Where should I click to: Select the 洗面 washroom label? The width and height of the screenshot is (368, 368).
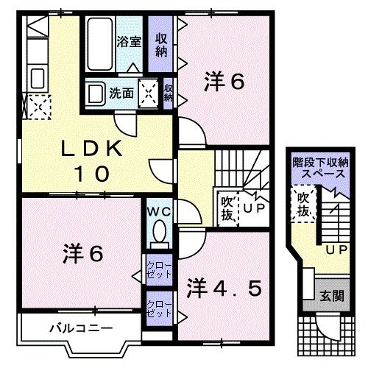click(x=121, y=93)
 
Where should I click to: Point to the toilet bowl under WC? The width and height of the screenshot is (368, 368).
click(x=157, y=235)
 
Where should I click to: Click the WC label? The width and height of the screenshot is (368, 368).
click(x=157, y=210)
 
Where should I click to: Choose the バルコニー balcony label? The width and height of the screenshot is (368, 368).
click(x=72, y=328)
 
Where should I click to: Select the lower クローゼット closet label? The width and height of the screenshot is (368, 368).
click(x=155, y=307)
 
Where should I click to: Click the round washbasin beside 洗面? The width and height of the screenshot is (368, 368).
click(x=94, y=93)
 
